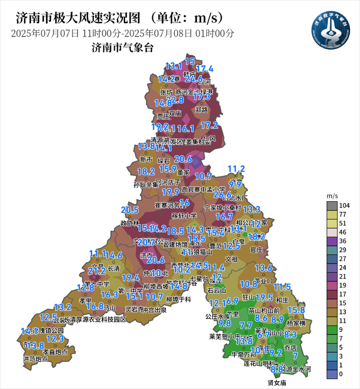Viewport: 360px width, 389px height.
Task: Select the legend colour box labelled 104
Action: pos(332,206)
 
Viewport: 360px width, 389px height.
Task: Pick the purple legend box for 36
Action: pos(332,240)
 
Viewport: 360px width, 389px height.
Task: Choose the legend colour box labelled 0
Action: pos(332,374)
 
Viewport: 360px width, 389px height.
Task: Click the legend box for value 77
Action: pos(332,214)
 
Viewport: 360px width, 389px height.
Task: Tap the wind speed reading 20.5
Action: pos(130,210)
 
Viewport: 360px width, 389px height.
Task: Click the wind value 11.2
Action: pos(236,169)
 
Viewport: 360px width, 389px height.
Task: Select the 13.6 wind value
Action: pos(263,267)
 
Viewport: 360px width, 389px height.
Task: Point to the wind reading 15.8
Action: pos(296,310)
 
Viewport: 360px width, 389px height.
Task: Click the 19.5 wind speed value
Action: pos(264,298)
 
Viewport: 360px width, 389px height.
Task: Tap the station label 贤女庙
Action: pos(277,383)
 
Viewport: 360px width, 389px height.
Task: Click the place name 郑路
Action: pos(202,110)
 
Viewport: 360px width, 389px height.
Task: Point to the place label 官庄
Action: pos(256,249)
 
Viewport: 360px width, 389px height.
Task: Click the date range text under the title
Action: pos(122,34)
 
